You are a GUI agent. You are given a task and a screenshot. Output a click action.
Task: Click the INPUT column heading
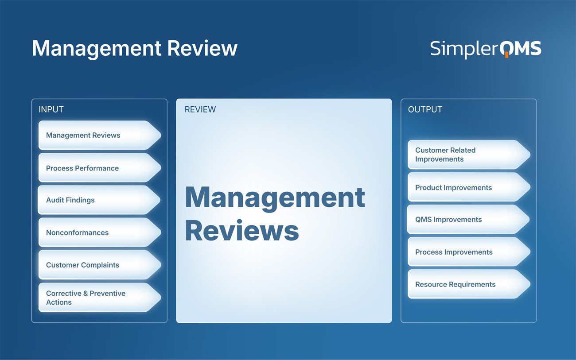pos(51,109)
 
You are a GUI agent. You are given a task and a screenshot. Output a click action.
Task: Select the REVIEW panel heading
pos(200,109)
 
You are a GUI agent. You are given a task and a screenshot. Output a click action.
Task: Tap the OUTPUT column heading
pos(425,109)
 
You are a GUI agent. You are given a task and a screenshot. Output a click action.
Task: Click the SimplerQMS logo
pos(486,49)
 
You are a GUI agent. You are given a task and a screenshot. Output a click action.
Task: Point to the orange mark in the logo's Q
pos(506,55)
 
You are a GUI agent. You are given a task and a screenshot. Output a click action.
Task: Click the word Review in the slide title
pos(202,48)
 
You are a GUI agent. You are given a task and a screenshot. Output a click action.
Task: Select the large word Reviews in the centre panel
pos(242,231)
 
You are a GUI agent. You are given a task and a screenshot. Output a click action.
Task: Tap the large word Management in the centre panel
pos(275,197)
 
